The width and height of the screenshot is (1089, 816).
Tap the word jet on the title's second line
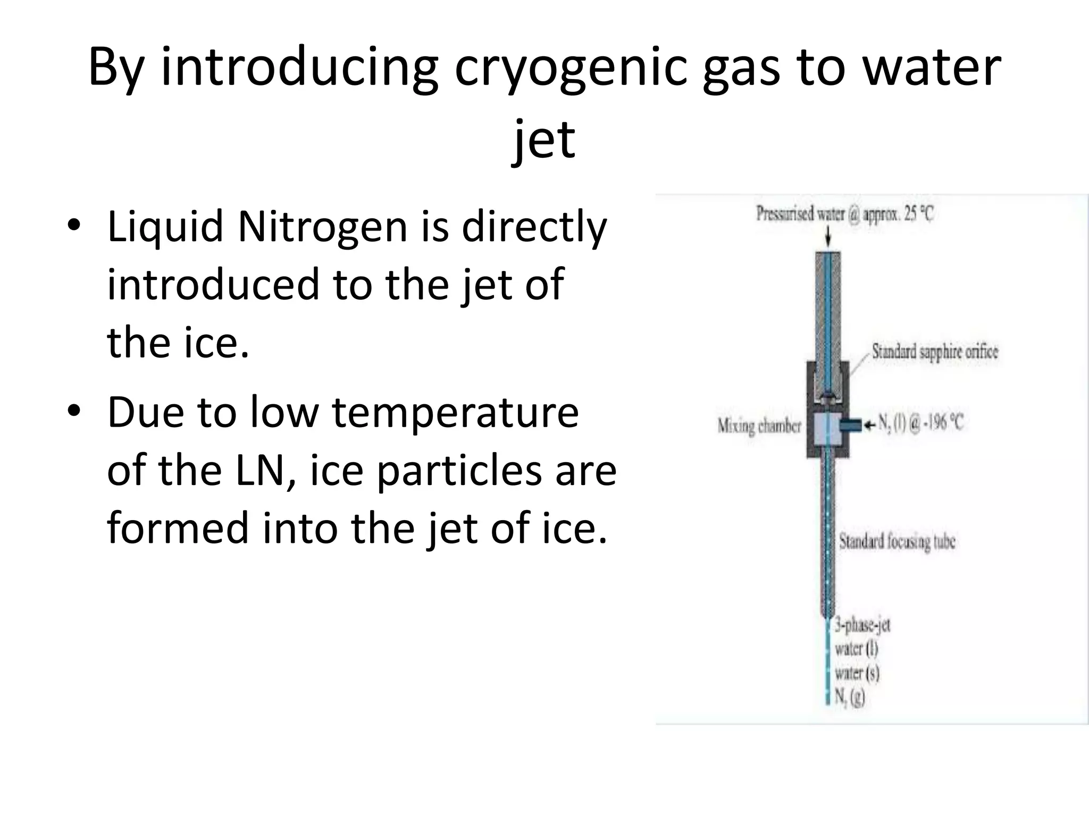coord(543,139)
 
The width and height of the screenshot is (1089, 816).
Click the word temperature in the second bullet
coord(455,413)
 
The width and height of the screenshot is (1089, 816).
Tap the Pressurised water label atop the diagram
coord(844,215)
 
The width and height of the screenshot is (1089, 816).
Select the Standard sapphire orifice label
coord(935,352)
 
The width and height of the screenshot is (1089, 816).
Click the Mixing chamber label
coord(759,426)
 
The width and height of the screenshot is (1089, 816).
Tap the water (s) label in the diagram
coord(857,673)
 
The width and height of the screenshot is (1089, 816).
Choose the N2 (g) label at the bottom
coord(850,696)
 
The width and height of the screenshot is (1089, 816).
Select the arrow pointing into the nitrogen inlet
coord(869,424)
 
